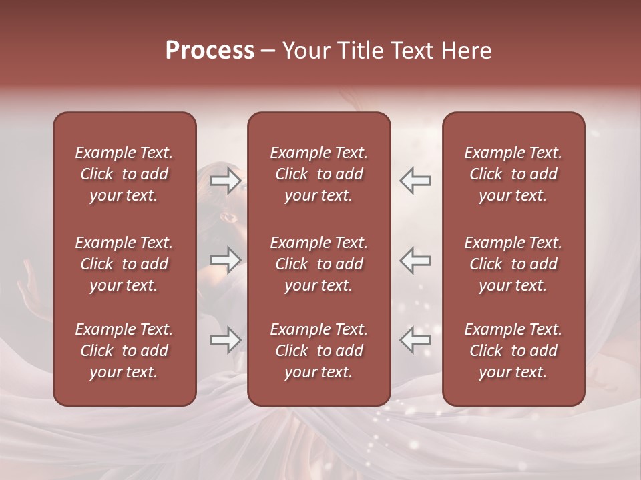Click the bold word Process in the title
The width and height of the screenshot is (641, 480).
click(x=210, y=51)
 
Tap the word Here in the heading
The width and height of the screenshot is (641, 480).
click(x=465, y=51)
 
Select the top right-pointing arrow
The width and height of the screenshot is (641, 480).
click(x=225, y=181)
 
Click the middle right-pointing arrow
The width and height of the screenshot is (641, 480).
click(x=225, y=260)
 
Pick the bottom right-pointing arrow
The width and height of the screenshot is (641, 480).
click(x=225, y=340)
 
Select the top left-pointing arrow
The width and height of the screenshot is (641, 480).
click(x=415, y=181)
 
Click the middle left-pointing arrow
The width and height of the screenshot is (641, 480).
click(x=415, y=260)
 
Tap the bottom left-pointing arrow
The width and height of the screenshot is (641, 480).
click(x=415, y=340)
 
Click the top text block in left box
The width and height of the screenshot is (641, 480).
click(x=124, y=174)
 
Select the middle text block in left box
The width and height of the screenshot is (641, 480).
click(x=124, y=264)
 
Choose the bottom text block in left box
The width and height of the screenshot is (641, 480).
click(x=124, y=351)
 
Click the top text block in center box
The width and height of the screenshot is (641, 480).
click(x=318, y=174)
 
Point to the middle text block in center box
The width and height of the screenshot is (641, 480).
click(x=318, y=264)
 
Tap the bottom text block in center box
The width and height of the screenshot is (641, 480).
click(x=318, y=351)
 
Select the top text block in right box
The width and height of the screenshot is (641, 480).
click(x=513, y=174)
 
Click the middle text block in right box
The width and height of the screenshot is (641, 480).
click(x=513, y=264)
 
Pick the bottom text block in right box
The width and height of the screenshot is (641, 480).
click(x=513, y=351)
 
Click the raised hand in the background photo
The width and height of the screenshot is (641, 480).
click(x=29, y=287)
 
